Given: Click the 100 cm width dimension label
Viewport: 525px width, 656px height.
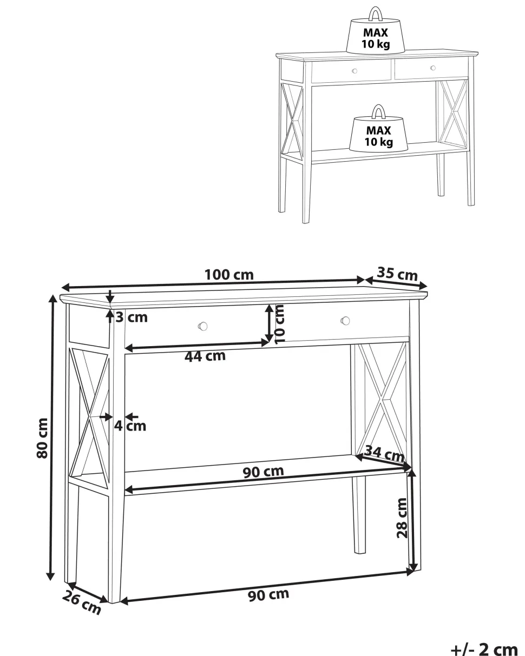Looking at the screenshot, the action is coord(229,275).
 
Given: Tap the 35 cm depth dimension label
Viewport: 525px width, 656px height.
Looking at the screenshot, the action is coord(397,274).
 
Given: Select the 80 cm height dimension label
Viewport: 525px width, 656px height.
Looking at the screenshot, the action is coord(42,438).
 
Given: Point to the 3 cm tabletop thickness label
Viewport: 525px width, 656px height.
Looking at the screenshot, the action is coord(132,317).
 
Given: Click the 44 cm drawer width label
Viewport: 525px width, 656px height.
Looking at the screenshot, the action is coord(205,356).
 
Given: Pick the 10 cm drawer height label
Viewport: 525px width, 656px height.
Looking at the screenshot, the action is coord(279,324).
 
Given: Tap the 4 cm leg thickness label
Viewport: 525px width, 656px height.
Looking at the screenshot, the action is coord(130,426).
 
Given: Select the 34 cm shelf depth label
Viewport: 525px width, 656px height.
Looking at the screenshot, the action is coord(384,454).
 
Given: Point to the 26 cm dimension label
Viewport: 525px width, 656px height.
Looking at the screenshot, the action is coord(81,603).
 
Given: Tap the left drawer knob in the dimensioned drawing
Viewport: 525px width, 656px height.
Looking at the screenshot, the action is coord(202,326).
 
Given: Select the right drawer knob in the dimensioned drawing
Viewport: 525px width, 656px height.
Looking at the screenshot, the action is coord(345,321).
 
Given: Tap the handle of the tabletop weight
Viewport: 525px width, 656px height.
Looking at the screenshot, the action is coord(376,14).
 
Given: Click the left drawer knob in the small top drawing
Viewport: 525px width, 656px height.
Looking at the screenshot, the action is coord(355,71).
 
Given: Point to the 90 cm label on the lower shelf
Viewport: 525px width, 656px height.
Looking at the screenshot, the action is coord(263,472).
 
